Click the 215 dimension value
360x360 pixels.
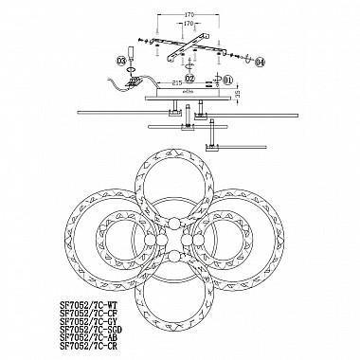tap(177, 85)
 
